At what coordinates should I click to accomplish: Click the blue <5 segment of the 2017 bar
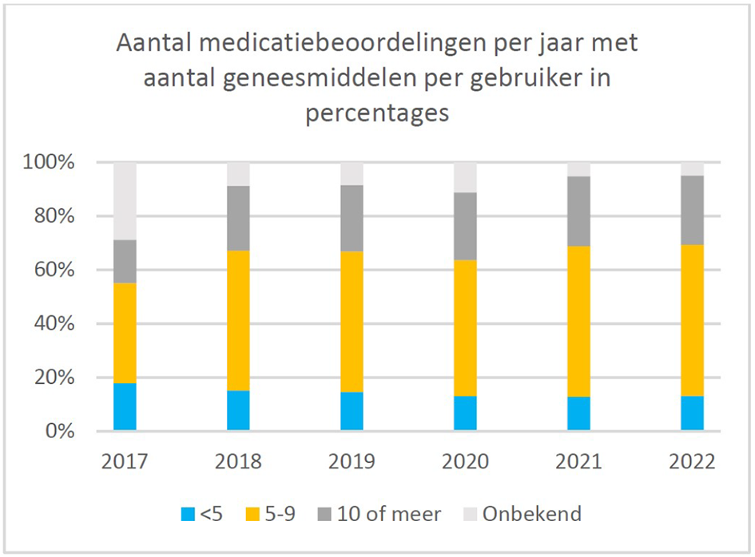coord(125,407)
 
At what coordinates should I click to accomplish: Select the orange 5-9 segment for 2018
coord(238,321)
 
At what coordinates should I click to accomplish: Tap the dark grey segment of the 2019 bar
coord(352,218)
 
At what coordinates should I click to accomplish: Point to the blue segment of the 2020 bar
coord(465,413)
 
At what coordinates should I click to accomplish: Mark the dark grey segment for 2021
coord(578,211)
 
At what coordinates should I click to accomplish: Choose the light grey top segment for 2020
coord(465,177)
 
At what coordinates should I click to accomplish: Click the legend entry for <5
coord(204,514)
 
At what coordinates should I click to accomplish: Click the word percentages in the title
coord(377,113)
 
